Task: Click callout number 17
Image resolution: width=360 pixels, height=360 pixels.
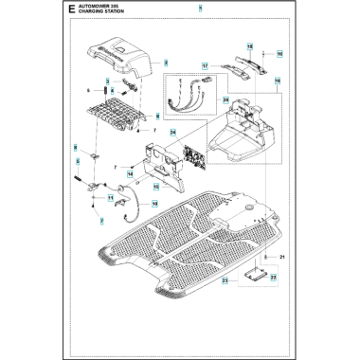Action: (205, 64)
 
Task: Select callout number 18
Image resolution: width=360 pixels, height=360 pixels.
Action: (249, 46)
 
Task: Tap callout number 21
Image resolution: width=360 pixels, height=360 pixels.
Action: (282, 258)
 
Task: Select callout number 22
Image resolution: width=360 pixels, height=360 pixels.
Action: (273, 278)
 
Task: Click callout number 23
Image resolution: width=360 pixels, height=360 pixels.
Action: (224, 283)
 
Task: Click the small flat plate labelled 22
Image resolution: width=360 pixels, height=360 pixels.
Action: (252, 275)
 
